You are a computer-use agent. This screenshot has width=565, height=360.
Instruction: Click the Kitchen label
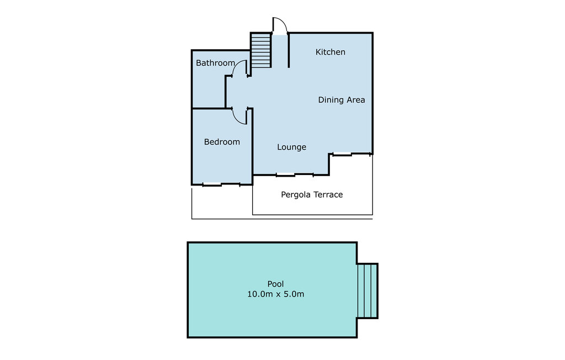tap(330, 52)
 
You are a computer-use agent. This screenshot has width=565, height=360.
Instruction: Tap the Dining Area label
tap(342, 100)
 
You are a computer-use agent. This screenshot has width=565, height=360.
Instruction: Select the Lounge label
tap(291, 147)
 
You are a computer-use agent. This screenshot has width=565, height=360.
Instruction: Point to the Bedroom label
tap(222, 142)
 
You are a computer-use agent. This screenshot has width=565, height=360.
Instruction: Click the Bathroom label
tap(215, 63)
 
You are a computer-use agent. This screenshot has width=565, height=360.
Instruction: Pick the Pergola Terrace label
tap(312, 194)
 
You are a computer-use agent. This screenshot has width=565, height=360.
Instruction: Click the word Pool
tap(275, 284)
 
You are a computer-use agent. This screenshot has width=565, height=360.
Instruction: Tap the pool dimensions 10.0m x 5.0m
tap(275, 294)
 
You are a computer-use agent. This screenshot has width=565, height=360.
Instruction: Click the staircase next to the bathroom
tap(261, 50)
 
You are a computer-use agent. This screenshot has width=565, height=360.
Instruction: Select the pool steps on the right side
tap(367, 290)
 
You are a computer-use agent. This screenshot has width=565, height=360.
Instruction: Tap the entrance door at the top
tap(280, 27)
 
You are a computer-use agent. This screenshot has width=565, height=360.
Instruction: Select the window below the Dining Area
tap(342, 154)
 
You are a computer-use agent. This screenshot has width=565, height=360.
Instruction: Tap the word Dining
tap(331, 100)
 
